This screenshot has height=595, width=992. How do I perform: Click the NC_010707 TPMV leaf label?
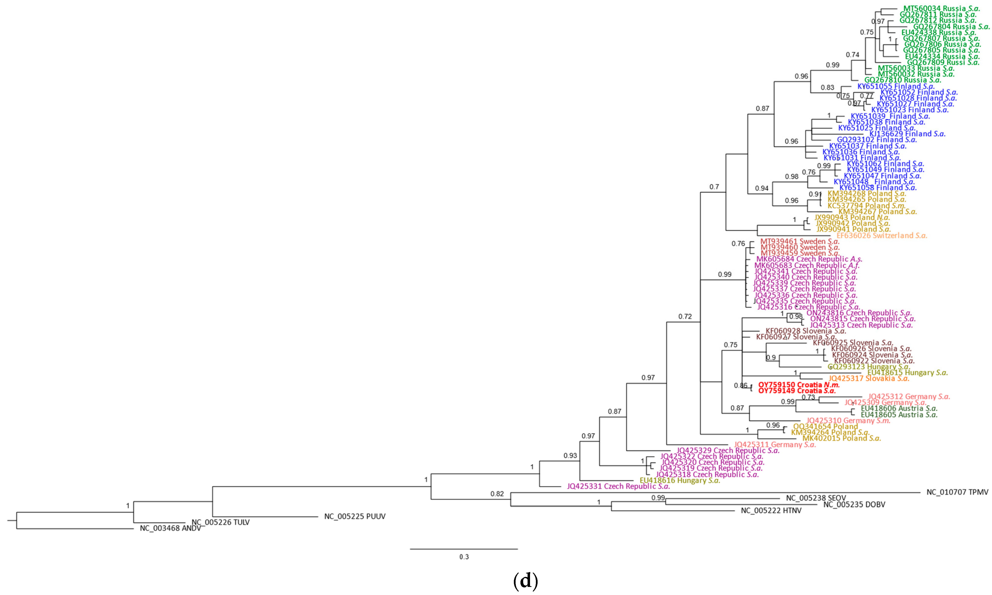[957, 492]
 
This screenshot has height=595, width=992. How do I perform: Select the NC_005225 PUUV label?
[355, 516]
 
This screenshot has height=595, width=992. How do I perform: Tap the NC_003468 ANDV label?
[170, 528]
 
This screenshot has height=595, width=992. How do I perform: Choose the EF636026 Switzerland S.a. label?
[882, 235]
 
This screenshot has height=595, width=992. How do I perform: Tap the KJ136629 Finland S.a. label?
[907, 134]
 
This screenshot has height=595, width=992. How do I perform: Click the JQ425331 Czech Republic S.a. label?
[618, 486]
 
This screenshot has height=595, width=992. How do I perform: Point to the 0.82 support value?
[497, 494]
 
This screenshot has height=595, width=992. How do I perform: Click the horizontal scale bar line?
[464, 549]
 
